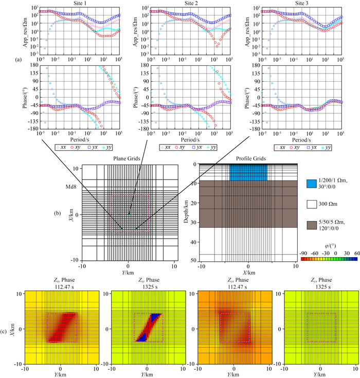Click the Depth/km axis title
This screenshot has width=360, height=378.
pos(186,213)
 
